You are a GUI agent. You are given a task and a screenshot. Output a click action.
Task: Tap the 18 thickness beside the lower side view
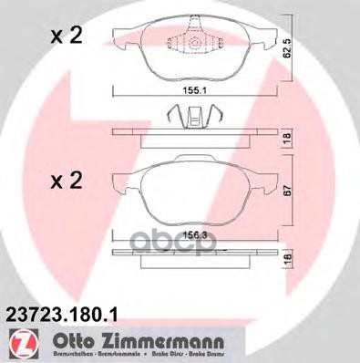point(286,260)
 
